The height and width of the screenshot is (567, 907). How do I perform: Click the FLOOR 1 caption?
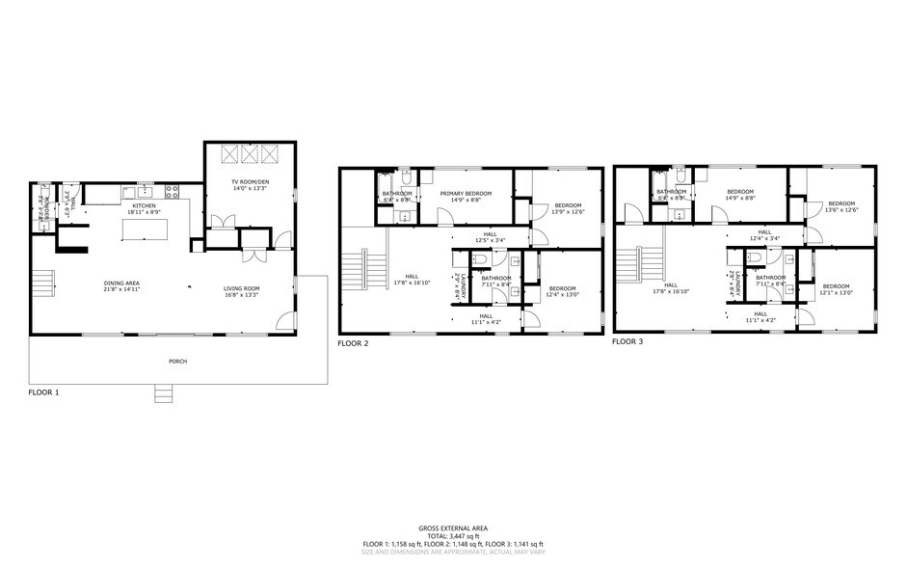point(44,393)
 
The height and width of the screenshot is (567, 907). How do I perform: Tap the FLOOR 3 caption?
point(628,341)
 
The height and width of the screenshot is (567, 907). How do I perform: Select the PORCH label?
point(176,362)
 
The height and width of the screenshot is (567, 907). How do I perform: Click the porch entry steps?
point(165,392)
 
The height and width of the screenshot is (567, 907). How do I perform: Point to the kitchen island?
point(145,229)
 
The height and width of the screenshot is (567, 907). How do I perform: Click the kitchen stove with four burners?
point(173,191)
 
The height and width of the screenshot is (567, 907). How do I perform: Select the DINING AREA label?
point(122,283)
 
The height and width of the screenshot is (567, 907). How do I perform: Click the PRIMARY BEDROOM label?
point(466,194)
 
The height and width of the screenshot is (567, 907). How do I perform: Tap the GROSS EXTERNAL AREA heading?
point(453,527)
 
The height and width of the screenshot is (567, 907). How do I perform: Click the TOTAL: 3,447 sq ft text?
point(453,536)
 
